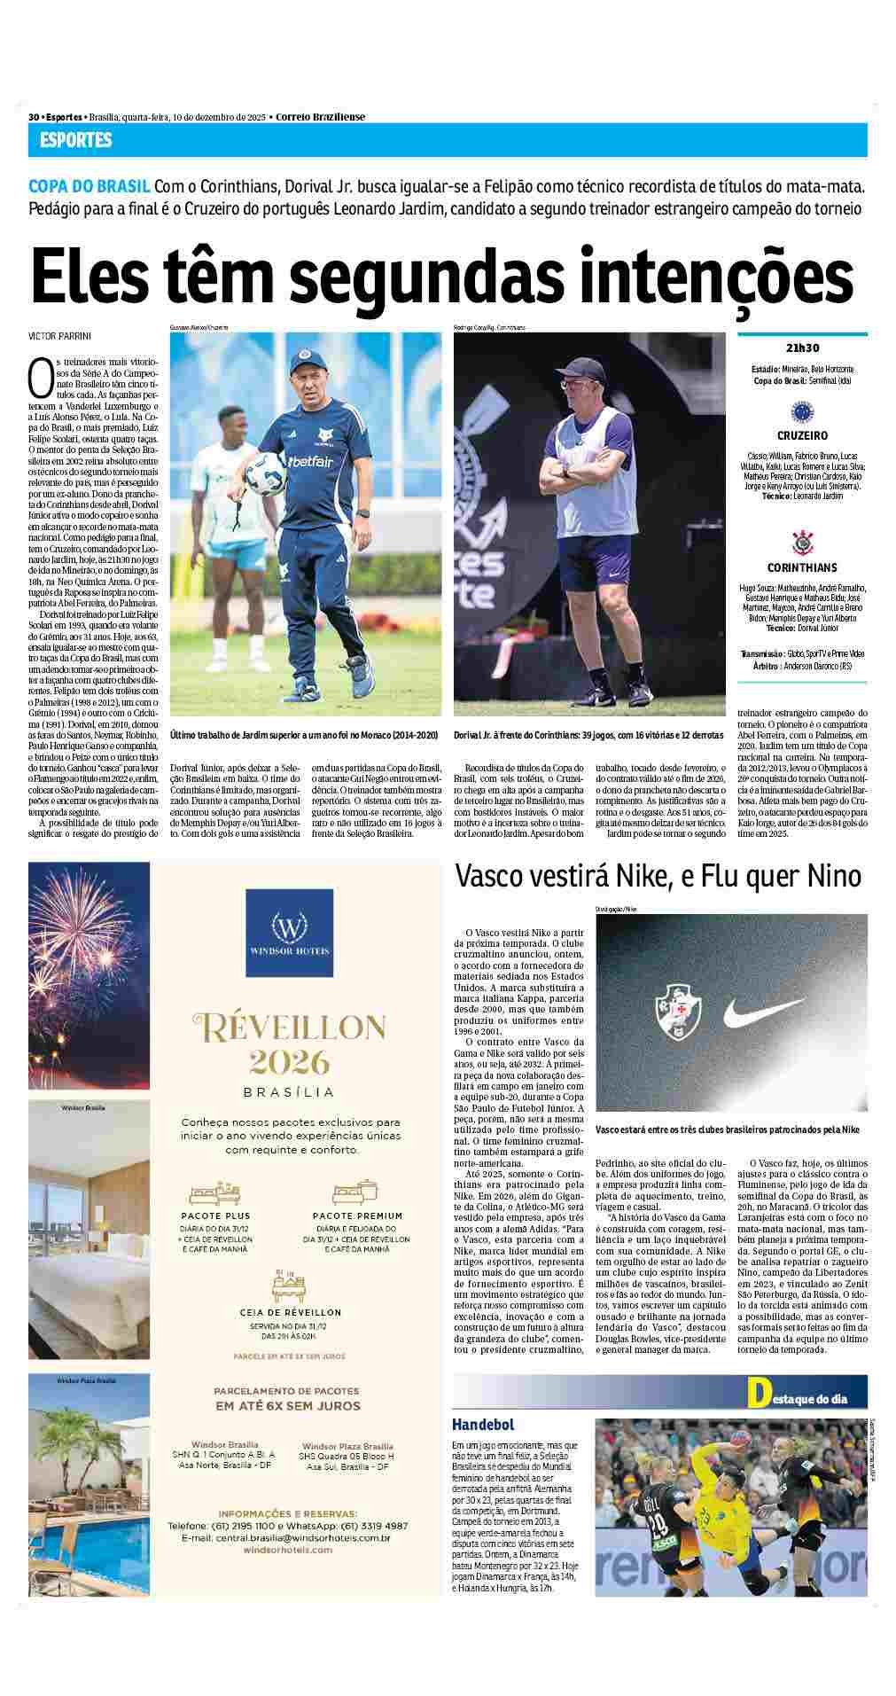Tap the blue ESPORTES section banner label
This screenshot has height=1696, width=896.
75,140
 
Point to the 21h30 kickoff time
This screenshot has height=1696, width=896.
801,348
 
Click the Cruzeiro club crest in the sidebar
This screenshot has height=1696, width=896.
802,410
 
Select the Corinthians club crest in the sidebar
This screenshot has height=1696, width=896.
802,541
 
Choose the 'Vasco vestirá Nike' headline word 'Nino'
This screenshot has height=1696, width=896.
834,877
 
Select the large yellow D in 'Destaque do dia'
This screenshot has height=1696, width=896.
757,1393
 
